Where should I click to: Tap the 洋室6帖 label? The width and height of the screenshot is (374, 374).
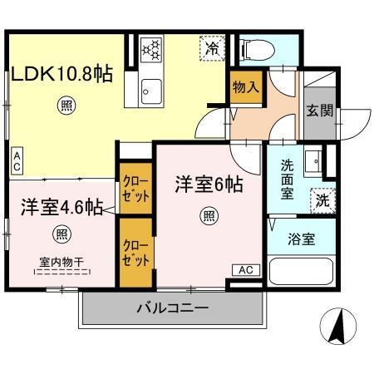tap(208, 185)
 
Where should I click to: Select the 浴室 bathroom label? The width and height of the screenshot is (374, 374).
tap(301, 239)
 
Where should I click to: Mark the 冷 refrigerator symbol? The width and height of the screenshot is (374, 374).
tap(214, 49)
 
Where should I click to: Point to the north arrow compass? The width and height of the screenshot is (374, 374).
tap(336, 326)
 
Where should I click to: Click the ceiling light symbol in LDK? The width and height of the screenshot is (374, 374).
tap(65, 105)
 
